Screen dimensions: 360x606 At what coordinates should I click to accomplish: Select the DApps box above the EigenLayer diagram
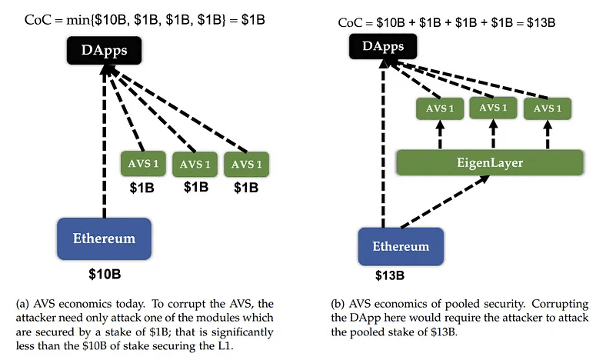pos(382,48)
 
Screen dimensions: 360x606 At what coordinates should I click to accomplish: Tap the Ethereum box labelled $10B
pos(104,238)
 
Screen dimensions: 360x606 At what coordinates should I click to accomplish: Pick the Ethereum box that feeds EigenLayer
pos(401,247)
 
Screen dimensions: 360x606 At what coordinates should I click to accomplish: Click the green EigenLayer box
pos(490,162)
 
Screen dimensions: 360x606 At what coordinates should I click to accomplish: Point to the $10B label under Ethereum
pos(104,273)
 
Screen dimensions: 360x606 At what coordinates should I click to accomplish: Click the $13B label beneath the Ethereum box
pos(391,276)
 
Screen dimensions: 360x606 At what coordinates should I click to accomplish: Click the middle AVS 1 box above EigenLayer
pos(492,108)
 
